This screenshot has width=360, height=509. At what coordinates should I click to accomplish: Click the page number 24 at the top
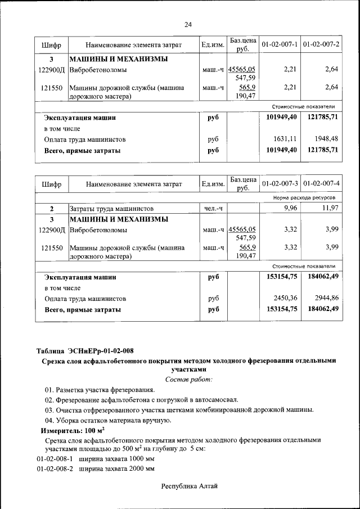tap(188, 24)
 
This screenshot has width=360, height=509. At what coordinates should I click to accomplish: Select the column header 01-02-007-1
tap(280, 44)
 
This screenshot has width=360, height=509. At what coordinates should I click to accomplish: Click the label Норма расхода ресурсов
tap(304, 198)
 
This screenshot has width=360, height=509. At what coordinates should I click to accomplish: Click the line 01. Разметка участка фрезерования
tap(99, 390)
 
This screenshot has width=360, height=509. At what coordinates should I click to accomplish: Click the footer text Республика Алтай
tap(189, 485)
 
